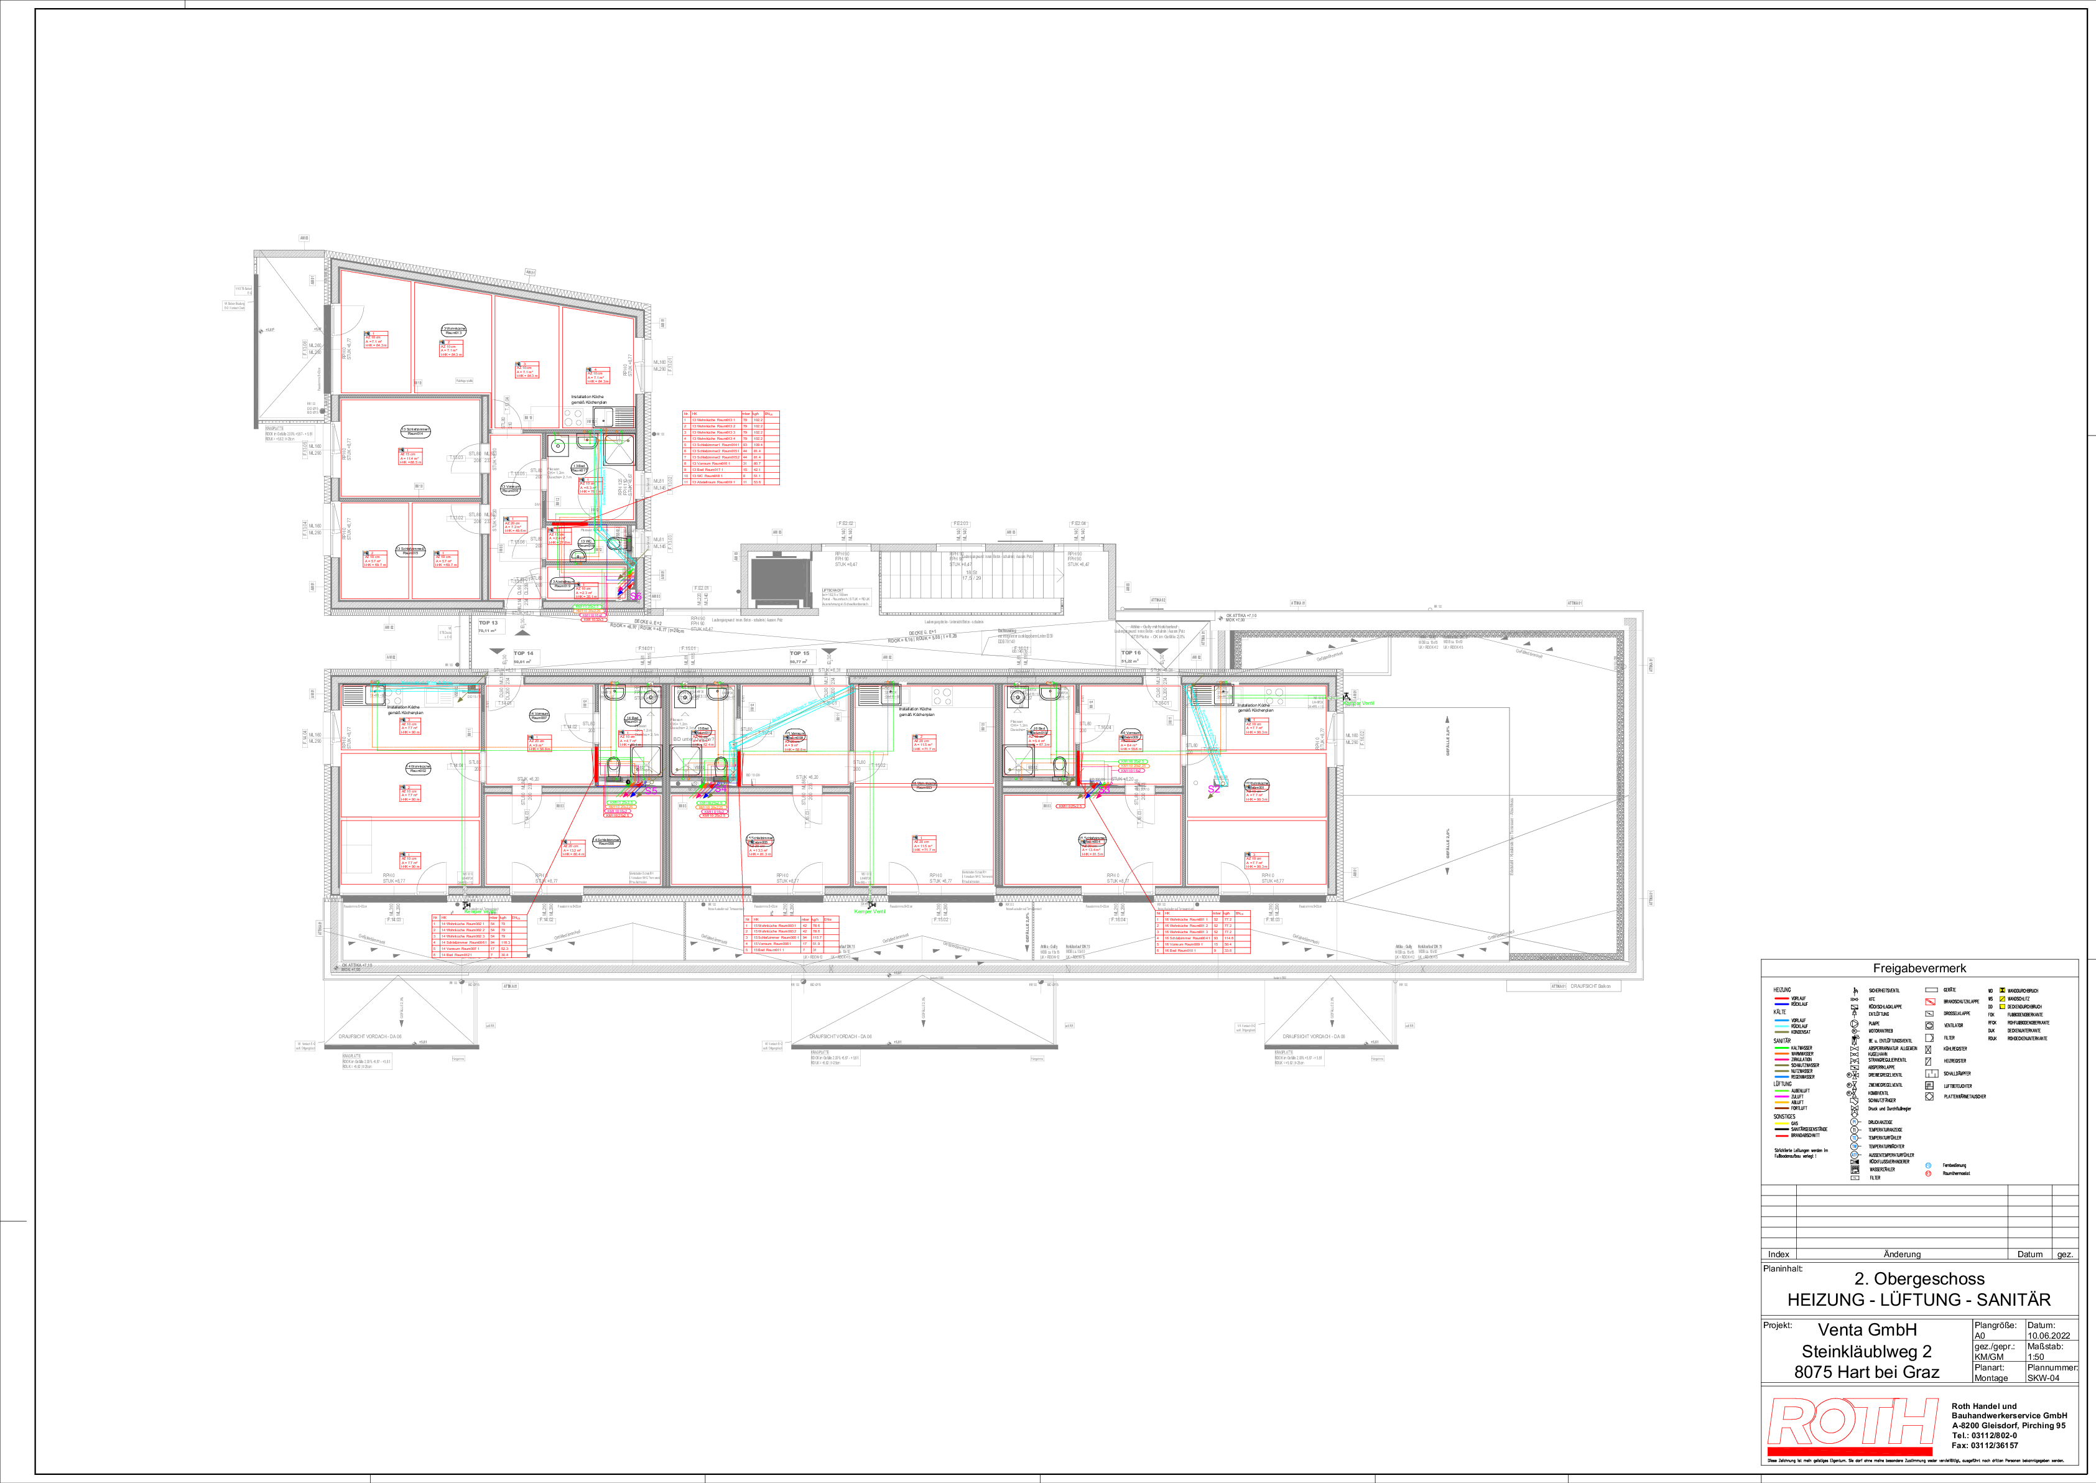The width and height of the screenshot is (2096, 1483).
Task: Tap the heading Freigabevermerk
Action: coord(1919,968)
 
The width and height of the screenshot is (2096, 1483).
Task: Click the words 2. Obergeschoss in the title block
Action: coord(1919,1278)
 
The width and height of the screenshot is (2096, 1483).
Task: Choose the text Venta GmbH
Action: coord(1867,1329)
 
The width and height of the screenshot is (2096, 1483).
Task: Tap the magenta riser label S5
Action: coord(652,790)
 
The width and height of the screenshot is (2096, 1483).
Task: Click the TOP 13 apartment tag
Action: coord(488,623)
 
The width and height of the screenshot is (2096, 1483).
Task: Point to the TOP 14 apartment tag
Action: coord(524,654)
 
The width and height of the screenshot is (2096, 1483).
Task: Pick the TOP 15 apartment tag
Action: coord(800,654)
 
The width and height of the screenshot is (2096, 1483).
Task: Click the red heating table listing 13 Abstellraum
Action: coord(730,447)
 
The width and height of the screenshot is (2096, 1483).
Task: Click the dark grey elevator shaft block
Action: coord(779,580)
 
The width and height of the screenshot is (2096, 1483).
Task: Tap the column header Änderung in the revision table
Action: coord(1901,1254)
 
